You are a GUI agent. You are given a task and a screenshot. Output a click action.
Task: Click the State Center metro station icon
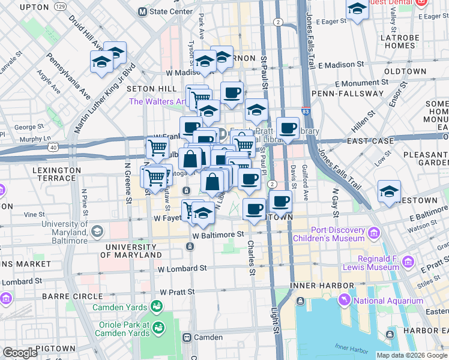click(x=142, y=11)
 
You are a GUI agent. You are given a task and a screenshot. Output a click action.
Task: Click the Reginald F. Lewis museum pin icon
click(x=409, y=262)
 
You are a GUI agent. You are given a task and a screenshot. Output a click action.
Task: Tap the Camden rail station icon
click(x=187, y=337)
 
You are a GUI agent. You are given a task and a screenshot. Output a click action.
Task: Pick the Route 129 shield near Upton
click(x=59, y=6)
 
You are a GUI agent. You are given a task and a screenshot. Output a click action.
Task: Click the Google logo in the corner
click(x=20, y=353)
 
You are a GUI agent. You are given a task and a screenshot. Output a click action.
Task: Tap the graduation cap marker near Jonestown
click(x=389, y=192)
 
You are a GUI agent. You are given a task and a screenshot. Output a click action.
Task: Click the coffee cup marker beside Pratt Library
click(x=288, y=128)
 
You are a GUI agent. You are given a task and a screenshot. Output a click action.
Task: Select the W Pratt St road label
click(x=178, y=292)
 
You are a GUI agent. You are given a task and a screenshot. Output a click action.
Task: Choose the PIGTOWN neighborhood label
click(x=55, y=348)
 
